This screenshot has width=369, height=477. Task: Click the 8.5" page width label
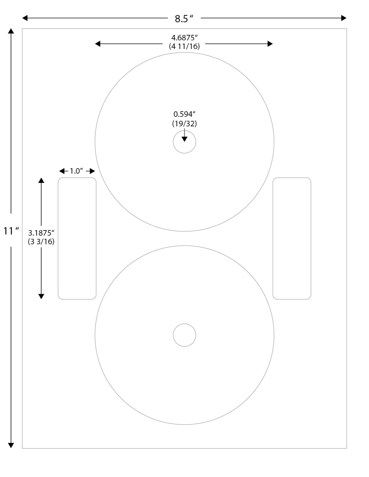[184, 18]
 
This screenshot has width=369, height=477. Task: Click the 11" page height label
[11, 231]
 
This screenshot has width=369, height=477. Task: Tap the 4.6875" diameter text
[184, 38]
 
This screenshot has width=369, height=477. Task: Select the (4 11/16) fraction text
[184, 46]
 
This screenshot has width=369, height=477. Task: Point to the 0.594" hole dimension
[184, 114]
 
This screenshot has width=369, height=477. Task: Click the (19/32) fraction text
[184, 123]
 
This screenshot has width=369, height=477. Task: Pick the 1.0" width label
[77, 171]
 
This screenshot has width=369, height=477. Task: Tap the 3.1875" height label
[41, 233]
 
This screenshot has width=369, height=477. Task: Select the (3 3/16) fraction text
[41, 241]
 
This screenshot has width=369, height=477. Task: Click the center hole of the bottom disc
[184, 335]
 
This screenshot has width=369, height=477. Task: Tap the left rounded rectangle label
[77, 238]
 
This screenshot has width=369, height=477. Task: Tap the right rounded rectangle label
[292, 238]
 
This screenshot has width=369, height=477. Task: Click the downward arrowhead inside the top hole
[184, 139]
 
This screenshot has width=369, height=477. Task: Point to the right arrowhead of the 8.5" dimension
[344, 18]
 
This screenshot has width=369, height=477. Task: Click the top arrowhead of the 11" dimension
[11, 31]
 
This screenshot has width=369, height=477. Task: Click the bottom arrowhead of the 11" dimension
[11, 445]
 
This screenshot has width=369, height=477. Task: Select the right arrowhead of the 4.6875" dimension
[270, 44]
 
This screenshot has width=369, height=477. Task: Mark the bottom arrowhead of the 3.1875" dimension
[41, 296]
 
